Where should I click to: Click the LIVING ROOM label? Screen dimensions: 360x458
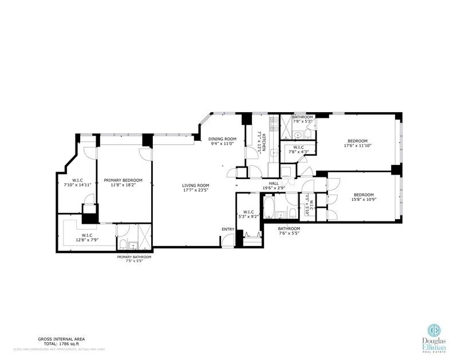(x=196, y=185)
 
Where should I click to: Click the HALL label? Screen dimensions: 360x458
(x=274, y=183)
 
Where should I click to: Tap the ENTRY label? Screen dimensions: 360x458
(x=228, y=230)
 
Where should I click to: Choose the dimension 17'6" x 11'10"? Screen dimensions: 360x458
(x=357, y=147)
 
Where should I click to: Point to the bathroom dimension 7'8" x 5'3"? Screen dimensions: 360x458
(x=302, y=121)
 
